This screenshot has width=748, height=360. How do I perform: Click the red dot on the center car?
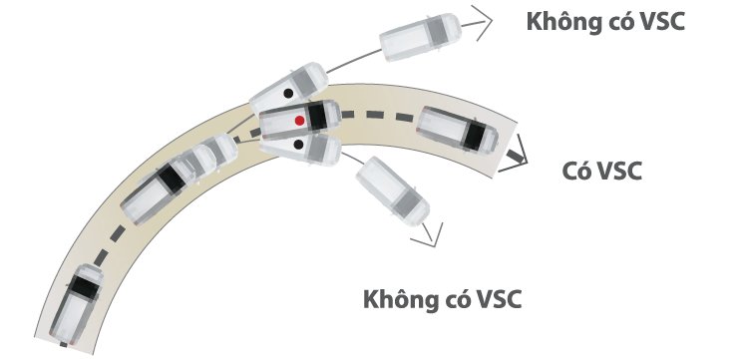pyautogui.click(x=298, y=120)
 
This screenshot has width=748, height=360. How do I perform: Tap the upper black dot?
pyautogui.click(x=288, y=94)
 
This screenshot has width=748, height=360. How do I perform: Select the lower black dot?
pyautogui.click(x=299, y=147)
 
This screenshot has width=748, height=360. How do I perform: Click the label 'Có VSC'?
pyautogui.click(x=600, y=171)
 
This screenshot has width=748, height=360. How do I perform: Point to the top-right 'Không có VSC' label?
pyautogui.click(x=605, y=22)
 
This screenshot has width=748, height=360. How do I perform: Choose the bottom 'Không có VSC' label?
pyautogui.click(x=443, y=298)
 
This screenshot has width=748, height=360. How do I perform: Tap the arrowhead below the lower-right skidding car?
pyautogui.click(x=431, y=236)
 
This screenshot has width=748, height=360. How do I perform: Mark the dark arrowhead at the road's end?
pyautogui.click(x=516, y=156)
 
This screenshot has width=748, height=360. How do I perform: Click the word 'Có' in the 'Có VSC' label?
pyautogui.click(x=576, y=171)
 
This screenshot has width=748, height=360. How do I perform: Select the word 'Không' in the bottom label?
pyautogui.click(x=396, y=298)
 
